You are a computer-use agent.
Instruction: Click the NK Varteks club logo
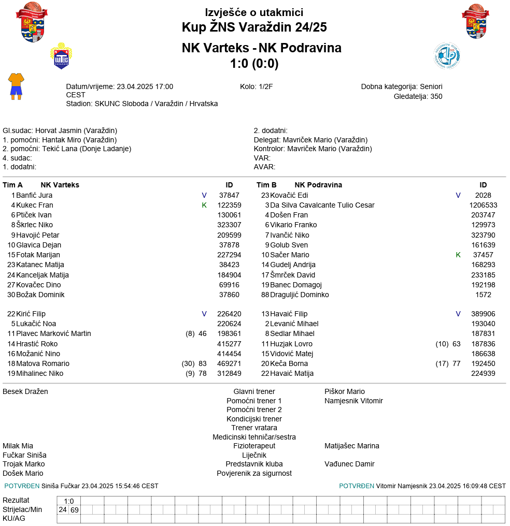coord(61,56)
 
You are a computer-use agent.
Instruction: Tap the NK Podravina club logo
coord(446,56)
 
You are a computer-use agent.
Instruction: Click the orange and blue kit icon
coord(16,86)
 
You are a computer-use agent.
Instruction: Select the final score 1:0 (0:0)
coord(254,64)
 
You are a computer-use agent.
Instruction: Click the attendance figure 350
coord(436,96)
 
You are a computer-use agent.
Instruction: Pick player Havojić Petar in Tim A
coord(37,235)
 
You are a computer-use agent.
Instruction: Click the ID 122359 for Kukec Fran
coord(229,205)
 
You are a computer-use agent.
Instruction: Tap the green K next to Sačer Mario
coord(458,255)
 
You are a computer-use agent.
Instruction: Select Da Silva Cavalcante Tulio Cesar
coord(322,205)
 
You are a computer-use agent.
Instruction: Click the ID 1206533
coord(483,205)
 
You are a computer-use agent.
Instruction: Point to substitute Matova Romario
coord(42,363)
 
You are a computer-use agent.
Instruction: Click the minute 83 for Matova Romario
coord(203,363)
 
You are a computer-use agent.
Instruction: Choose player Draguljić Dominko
coord(299,295)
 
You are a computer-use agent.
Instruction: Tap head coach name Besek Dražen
coord(25,391)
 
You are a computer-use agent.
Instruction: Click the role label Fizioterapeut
coord(254,446)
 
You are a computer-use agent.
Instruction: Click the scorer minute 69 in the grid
coord(75,510)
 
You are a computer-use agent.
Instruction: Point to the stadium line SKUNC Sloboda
coord(141,104)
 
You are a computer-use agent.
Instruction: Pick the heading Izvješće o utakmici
coord(254,12)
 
